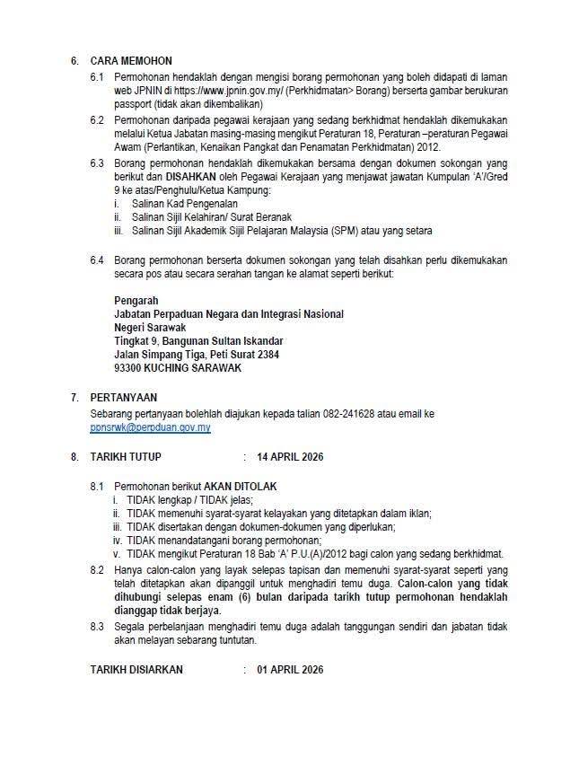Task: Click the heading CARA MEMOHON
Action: pyautogui.click(x=130, y=61)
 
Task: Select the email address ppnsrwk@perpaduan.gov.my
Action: pyautogui.click(x=150, y=428)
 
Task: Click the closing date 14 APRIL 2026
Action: pyautogui.click(x=290, y=457)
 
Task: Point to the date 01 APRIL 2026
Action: pyautogui.click(x=290, y=670)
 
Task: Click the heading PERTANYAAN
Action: pyautogui.click(x=124, y=398)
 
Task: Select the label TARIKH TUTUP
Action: pyautogui.click(x=126, y=457)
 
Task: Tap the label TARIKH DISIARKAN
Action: pyautogui.click(x=136, y=670)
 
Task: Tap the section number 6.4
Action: pyautogui.click(x=98, y=260)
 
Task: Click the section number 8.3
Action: pyautogui.click(x=98, y=626)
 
